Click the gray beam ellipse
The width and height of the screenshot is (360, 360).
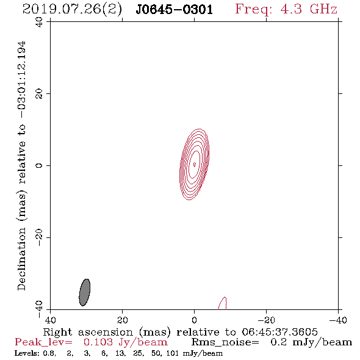pos(84,292)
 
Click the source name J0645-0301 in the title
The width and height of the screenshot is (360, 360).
pos(175,10)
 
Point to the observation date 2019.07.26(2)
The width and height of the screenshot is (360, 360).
pos(72,10)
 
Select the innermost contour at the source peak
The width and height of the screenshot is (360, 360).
pos(195,164)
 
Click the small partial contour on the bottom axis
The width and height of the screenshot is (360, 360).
pos(222,303)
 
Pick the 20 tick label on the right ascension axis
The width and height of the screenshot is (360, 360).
pos(123,320)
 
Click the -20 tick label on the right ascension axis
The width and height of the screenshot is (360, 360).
pos(266,320)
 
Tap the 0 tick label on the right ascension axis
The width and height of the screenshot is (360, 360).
pos(195,320)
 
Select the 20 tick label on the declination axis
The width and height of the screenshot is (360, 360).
pos(39,94)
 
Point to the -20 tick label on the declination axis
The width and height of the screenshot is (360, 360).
pos(39,237)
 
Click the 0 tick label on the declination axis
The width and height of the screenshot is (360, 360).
pos(39,165)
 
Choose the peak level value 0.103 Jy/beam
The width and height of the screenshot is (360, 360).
pos(126,342)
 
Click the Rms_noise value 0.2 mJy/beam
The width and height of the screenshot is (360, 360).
pos(311,342)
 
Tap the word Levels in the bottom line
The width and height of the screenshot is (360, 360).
pos(24,353)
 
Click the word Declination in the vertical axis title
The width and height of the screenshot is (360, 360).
pos(21,259)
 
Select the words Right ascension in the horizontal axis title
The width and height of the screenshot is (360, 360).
pos(88,332)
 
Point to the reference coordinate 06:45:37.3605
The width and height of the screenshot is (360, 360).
pos(279,332)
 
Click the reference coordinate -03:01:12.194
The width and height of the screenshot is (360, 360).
pos(21,79)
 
